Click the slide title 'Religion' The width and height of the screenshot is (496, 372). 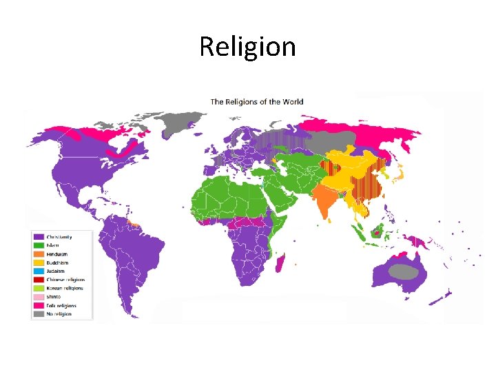[247, 47]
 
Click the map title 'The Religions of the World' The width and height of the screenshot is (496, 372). [257, 102]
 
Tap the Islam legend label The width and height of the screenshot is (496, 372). [52, 246]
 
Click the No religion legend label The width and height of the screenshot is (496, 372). [59, 314]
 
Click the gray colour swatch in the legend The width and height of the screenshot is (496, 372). [39, 314]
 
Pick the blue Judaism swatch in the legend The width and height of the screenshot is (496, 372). [39, 271]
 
